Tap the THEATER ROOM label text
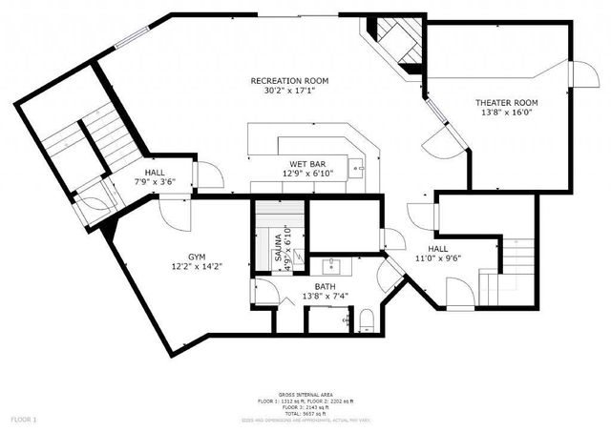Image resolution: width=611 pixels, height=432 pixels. [507, 102]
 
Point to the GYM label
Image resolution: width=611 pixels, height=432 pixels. [196, 257]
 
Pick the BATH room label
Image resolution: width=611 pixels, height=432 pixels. [326, 286]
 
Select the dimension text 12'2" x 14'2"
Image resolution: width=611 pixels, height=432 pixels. [196, 267]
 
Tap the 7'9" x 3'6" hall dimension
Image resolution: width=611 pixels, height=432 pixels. [154, 180]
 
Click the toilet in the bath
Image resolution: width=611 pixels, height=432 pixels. [364, 319]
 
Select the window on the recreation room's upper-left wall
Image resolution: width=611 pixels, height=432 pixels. [127, 38]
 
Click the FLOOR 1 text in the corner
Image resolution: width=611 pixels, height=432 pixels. [24, 419]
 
